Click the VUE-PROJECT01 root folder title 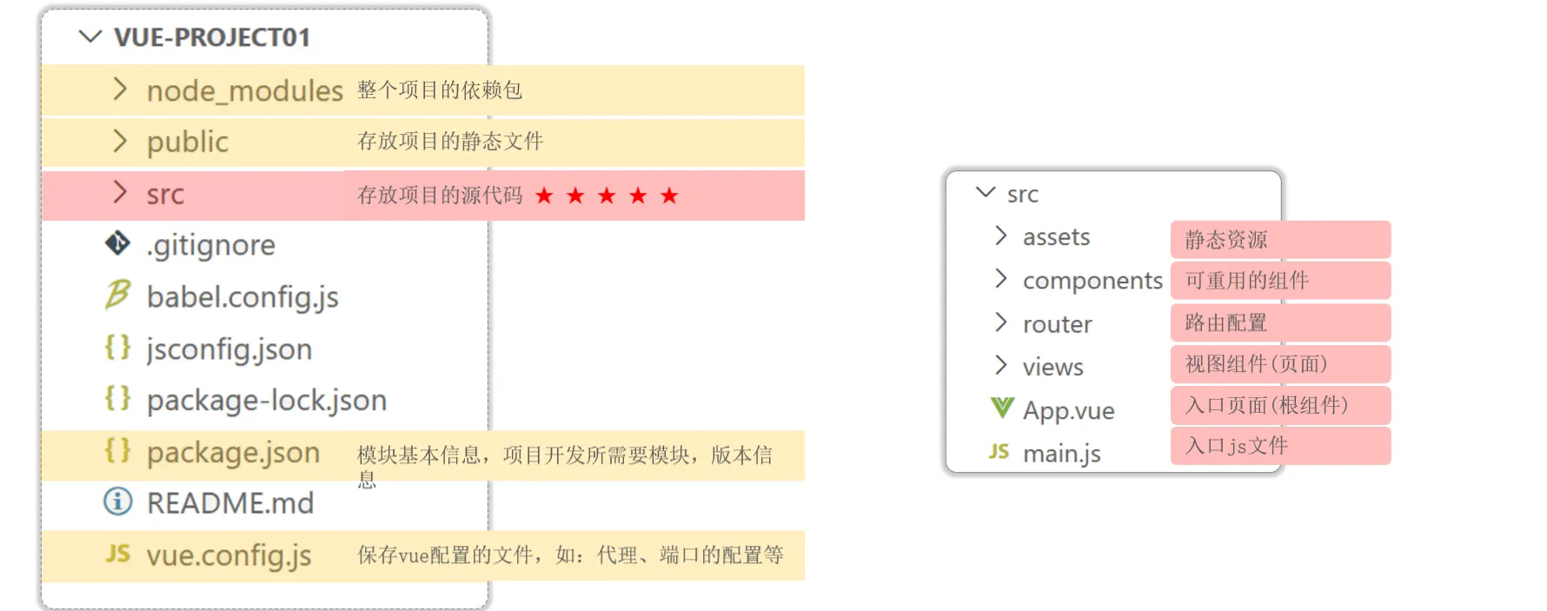pyautogui.click(x=211, y=37)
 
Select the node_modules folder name pyautogui.click(x=244, y=90)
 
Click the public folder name pyautogui.click(x=187, y=142)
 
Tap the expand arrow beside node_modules pyautogui.click(x=120, y=89)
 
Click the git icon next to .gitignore pyautogui.click(x=117, y=243)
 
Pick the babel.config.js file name pyautogui.click(x=242, y=297)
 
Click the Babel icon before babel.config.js pyautogui.click(x=117, y=295)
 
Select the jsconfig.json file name pyautogui.click(x=229, y=349)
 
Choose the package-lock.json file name pyautogui.click(x=266, y=401)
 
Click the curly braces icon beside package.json pyautogui.click(x=117, y=450)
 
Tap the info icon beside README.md pyautogui.click(x=117, y=501)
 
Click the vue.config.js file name pyautogui.click(x=229, y=555)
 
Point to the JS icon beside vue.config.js pyautogui.click(x=117, y=554)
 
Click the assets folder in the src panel pyautogui.click(x=1056, y=237)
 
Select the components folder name pyautogui.click(x=1092, y=281)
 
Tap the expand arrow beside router pyautogui.click(x=1001, y=322)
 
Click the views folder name pyautogui.click(x=1052, y=368)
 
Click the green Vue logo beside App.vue pyautogui.click(x=1002, y=408)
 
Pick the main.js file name pyautogui.click(x=1061, y=454)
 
